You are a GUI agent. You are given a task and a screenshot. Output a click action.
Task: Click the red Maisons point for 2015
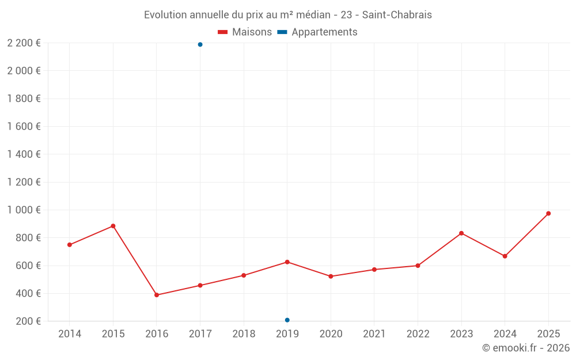(113, 226)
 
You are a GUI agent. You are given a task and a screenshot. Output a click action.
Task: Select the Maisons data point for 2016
(157, 295)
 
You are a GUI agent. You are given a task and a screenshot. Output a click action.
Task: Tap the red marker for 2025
(548, 214)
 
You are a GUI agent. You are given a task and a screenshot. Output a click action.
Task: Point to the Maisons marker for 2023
(461, 233)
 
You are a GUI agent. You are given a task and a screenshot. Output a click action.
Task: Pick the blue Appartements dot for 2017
(200, 44)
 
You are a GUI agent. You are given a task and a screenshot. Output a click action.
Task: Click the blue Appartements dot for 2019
(287, 320)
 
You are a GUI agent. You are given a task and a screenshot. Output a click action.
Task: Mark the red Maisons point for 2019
(287, 262)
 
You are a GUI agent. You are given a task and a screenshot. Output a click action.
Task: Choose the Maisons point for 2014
(70, 245)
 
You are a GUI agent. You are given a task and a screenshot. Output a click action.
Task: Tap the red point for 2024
(505, 256)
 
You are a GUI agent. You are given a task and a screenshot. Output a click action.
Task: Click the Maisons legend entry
(245, 32)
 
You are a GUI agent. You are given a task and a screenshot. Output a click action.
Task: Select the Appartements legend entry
(317, 32)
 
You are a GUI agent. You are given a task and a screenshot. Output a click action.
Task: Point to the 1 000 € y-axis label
(24, 210)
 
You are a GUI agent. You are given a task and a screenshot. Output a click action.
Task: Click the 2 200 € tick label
(24, 43)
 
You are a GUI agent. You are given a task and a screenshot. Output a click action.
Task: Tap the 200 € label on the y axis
(28, 321)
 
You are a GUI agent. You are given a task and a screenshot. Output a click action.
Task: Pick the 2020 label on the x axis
(331, 334)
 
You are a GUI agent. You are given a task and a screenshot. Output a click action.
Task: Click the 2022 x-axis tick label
(418, 334)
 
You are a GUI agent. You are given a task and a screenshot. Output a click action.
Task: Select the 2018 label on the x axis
(244, 334)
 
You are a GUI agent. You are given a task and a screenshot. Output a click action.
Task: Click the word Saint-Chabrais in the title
(397, 15)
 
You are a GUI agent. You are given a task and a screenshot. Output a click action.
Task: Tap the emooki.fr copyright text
(526, 348)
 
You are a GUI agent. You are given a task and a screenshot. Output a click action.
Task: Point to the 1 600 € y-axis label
(24, 127)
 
